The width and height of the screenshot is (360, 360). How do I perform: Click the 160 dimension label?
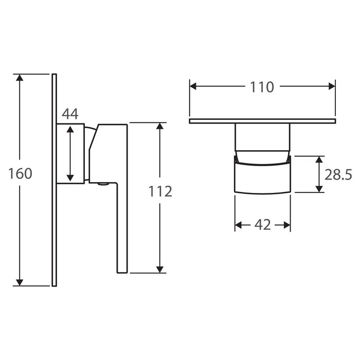(x=20, y=173)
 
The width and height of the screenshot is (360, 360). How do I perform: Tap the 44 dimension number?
(x=70, y=114)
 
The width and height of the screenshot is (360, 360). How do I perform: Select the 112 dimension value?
(x=160, y=191)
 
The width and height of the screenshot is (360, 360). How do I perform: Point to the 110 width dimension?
(x=262, y=87)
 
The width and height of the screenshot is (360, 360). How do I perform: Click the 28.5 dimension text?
(x=338, y=175)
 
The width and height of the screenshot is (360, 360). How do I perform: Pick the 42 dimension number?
(x=263, y=225)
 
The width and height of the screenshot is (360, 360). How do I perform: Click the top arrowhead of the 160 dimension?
(x=20, y=78)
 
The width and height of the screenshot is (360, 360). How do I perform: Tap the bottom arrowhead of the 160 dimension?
(x=20, y=282)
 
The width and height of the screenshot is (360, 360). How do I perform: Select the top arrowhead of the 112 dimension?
(x=160, y=126)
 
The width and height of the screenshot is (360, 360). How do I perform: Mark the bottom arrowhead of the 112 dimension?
(x=160, y=269)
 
